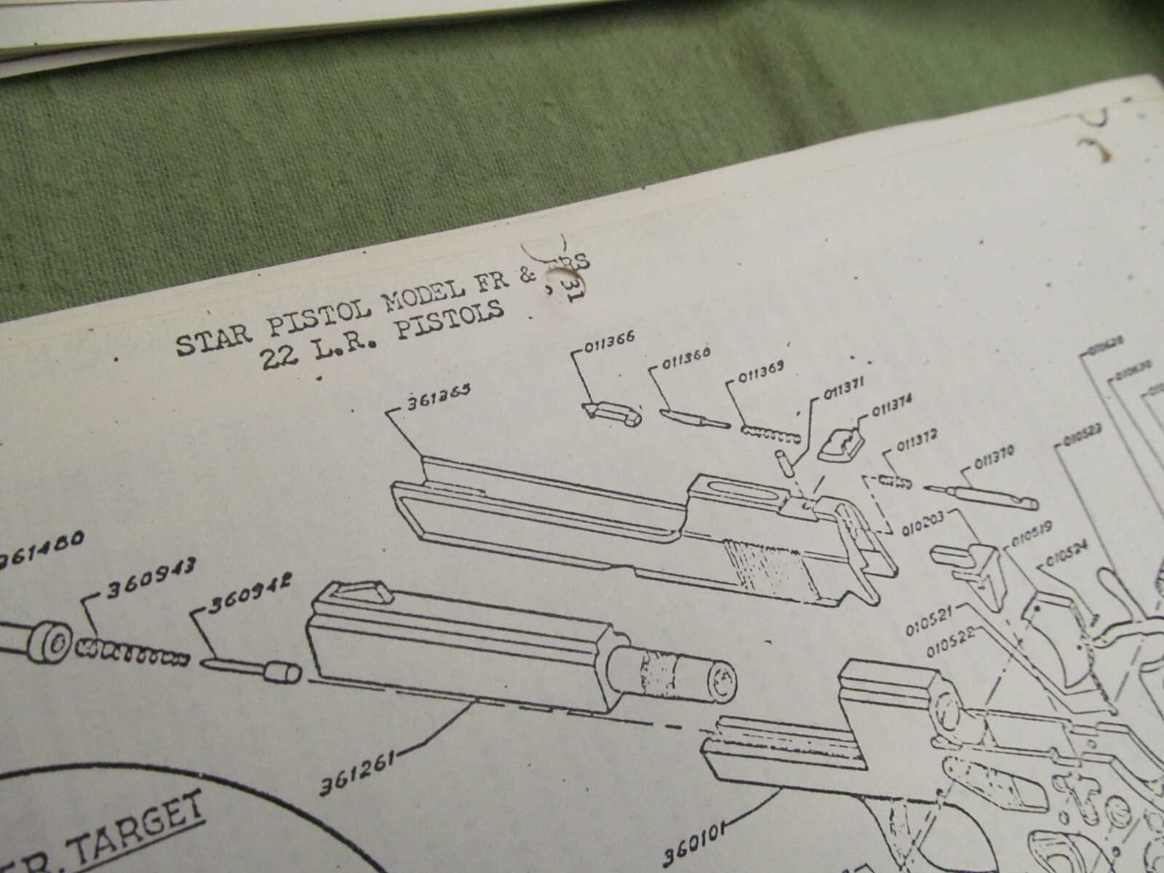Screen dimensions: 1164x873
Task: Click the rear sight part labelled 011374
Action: coord(840,445)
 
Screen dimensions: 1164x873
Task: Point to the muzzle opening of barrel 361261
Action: coord(721,683)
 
